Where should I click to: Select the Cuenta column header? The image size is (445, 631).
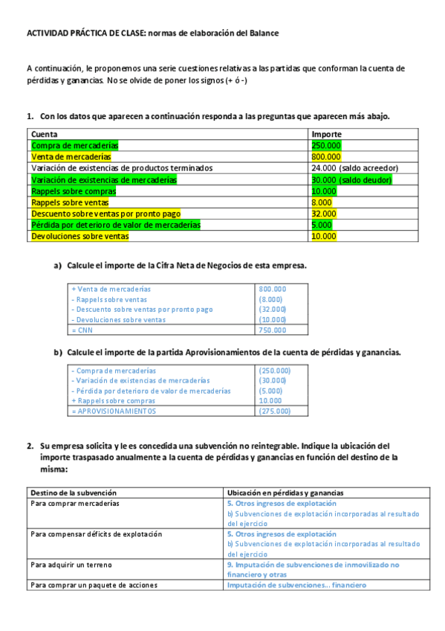coord(44,134)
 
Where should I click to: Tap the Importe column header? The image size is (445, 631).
coord(327,134)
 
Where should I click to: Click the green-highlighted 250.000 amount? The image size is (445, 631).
coord(327,145)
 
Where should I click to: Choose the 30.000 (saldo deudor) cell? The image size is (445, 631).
coord(351,179)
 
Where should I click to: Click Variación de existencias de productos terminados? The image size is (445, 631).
coord(121,168)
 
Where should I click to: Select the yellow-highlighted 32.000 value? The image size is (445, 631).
coord(324,214)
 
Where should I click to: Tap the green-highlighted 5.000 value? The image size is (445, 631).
coord(322,225)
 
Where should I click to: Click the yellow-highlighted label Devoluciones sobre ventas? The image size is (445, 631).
coord(79,237)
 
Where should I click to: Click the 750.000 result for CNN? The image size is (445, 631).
coord(272,330)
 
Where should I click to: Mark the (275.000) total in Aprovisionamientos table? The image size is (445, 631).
coord(274,411)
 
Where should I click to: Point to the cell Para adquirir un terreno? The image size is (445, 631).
coord(71,565)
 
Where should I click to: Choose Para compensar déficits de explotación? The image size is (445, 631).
coord(96,534)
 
